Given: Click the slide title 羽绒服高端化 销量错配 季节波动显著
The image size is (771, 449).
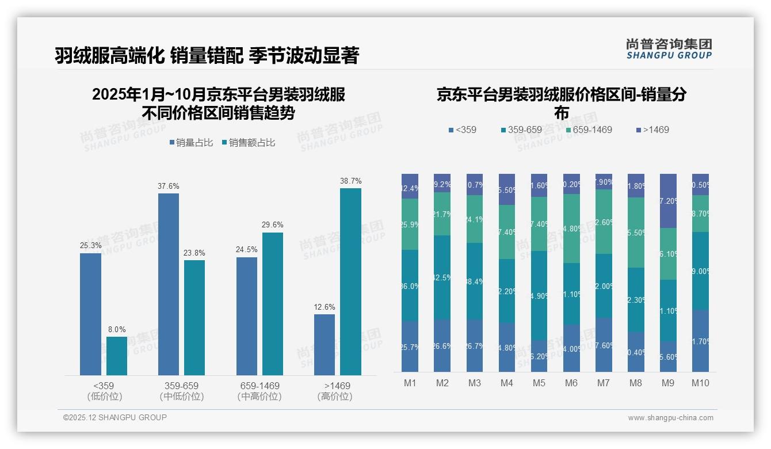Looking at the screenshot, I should pyautogui.click(x=207, y=56).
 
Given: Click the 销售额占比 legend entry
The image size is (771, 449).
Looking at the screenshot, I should pyautogui.click(x=248, y=143).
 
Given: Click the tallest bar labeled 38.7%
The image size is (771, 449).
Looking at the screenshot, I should pyautogui.click(x=350, y=281).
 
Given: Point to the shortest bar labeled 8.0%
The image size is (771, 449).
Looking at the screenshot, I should pyautogui.click(x=117, y=356).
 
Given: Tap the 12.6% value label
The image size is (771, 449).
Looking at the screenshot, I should pyautogui.click(x=325, y=307).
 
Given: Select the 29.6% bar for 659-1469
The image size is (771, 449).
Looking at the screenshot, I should pyautogui.click(x=272, y=303).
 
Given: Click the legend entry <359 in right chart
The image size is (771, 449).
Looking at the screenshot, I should pyautogui.click(x=463, y=130).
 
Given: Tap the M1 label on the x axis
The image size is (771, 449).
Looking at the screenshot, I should pyautogui.click(x=410, y=383).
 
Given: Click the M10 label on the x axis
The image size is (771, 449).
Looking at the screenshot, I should pyautogui.click(x=700, y=383).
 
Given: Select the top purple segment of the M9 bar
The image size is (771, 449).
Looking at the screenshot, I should pyautogui.click(x=668, y=200).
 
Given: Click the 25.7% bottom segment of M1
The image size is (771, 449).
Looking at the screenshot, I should pyautogui.click(x=410, y=346).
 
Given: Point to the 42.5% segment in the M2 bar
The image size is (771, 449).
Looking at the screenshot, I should pyautogui.click(x=442, y=277).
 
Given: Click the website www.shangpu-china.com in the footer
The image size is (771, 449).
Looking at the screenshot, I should pyautogui.click(x=670, y=418).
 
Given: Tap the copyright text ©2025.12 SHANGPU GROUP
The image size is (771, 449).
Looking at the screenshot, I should pyautogui.click(x=114, y=417).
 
